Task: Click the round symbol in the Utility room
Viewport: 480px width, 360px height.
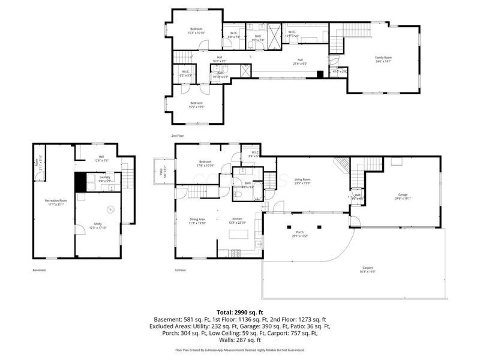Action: click(x=110, y=209)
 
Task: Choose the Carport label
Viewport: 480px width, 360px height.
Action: click(x=367, y=269)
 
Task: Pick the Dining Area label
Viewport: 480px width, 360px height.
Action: click(x=197, y=220)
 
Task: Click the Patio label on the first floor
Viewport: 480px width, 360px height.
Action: click(x=163, y=171)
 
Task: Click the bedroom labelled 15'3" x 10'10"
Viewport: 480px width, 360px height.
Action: click(x=196, y=31)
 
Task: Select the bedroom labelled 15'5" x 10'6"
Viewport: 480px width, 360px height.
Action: click(x=196, y=104)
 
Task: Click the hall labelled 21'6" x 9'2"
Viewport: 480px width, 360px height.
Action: click(x=300, y=61)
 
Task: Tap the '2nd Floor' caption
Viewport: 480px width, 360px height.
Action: click(x=178, y=136)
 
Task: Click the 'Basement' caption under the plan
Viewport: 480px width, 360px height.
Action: click(x=39, y=270)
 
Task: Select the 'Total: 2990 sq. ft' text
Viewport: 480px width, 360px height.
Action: click(x=240, y=312)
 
